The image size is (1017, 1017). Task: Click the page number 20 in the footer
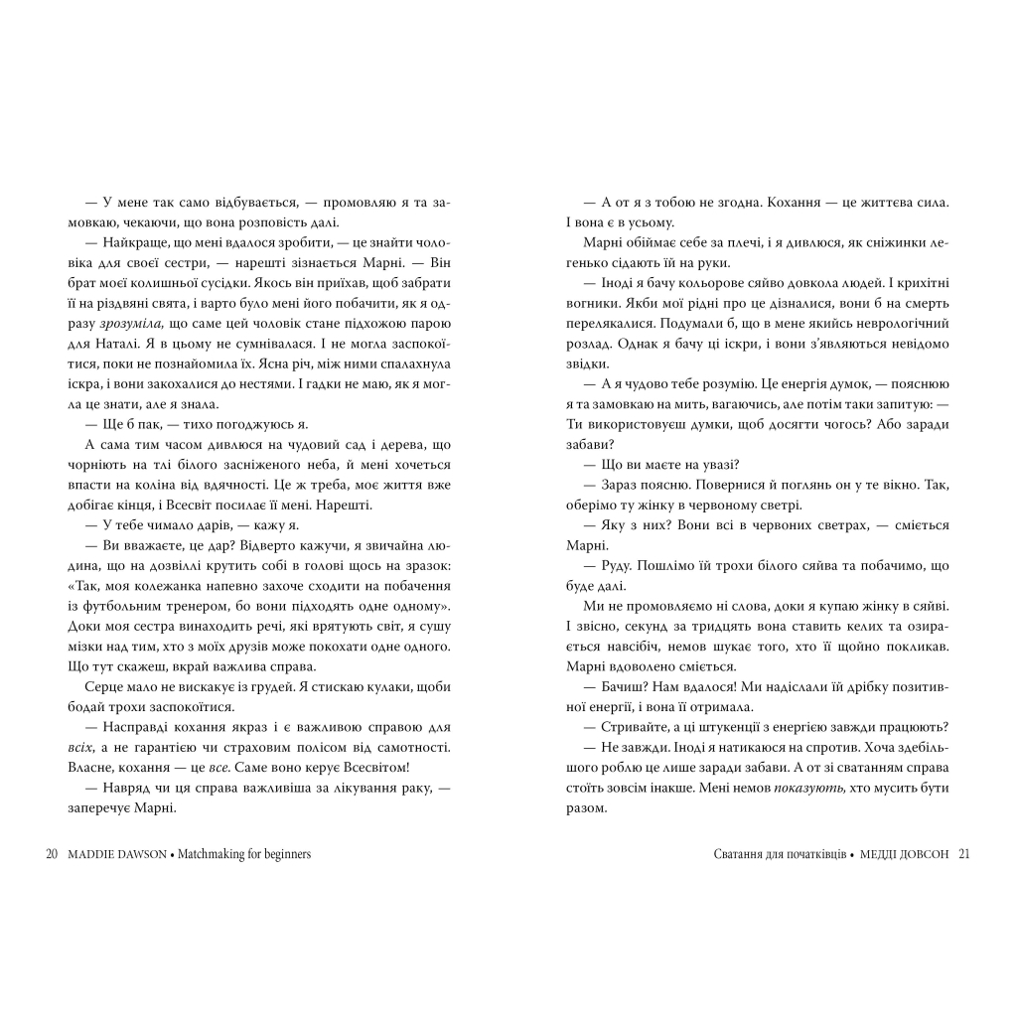click(x=53, y=854)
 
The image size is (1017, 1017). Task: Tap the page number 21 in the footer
click(x=962, y=854)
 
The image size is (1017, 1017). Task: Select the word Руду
click(x=616, y=566)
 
